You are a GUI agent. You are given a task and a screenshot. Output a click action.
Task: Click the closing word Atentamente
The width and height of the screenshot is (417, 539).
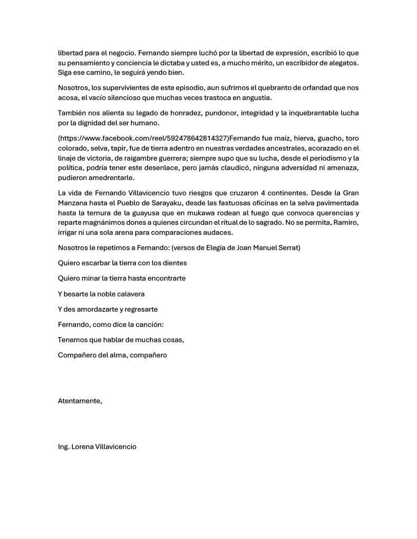tap(80, 401)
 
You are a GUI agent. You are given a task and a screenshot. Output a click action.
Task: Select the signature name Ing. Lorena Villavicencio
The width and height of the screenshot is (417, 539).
tap(97, 446)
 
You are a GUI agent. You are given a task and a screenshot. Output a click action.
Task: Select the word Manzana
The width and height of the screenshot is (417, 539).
tap(72, 203)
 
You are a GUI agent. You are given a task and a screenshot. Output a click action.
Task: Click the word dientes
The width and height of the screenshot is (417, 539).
tap(174, 263)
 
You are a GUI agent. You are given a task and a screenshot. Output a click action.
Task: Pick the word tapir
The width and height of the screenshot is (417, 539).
tap(129, 148)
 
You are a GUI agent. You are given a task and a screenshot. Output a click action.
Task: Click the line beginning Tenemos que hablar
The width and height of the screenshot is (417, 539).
tap(121, 340)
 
